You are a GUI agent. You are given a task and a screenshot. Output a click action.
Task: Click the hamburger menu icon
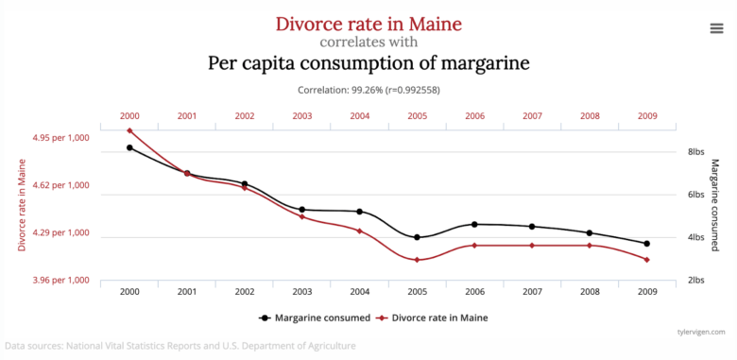click(x=716, y=28)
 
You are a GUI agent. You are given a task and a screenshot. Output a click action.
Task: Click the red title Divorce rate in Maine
click(x=368, y=23)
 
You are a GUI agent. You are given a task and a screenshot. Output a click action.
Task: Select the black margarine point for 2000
click(x=129, y=147)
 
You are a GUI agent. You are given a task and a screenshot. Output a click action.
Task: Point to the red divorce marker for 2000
click(x=129, y=130)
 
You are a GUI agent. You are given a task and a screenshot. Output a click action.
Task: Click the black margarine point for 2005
click(x=417, y=237)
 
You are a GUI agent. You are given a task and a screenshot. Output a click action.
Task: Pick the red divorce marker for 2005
click(x=417, y=260)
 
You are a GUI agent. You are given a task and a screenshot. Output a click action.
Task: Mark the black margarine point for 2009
click(x=646, y=244)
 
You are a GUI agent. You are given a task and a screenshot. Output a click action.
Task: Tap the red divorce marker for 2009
click(x=646, y=259)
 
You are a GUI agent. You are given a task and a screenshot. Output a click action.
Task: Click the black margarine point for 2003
click(x=301, y=210)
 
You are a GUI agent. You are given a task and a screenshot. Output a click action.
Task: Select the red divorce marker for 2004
click(x=359, y=231)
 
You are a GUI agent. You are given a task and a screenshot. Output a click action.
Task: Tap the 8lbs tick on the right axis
click(x=697, y=151)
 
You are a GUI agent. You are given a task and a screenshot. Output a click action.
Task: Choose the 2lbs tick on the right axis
click(x=697, y=280)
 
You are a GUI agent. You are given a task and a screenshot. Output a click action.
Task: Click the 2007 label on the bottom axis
click(x=532, y=291)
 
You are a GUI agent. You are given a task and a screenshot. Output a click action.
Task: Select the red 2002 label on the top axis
click(x=245, y=115)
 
